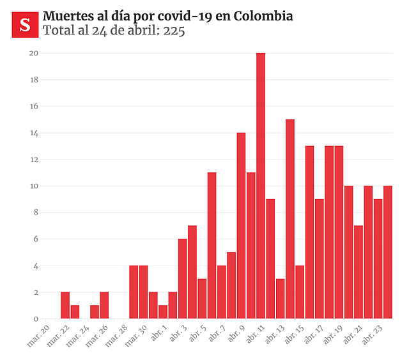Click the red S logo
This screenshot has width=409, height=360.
pyautogui.click(x=25, y=25)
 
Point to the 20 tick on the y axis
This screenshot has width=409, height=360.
pyautogui.click(x=34, y=53)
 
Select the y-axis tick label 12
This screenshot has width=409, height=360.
pyautogui.click(x=34, y=160)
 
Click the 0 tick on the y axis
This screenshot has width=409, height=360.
pyautogui.click(x=36, y=319)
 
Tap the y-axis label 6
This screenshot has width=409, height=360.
pyautogui.click(x=36, y=239)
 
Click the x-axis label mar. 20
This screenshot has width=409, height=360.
pyautogui.click(x=38, y=335)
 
